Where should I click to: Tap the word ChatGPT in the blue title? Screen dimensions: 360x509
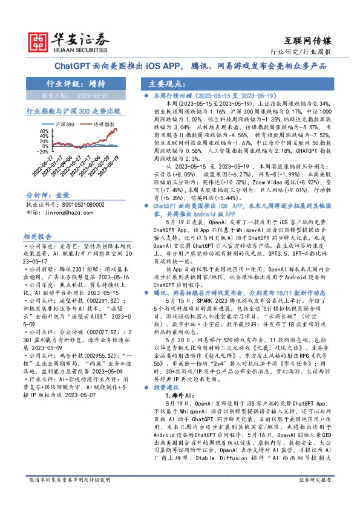coord(72,65)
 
